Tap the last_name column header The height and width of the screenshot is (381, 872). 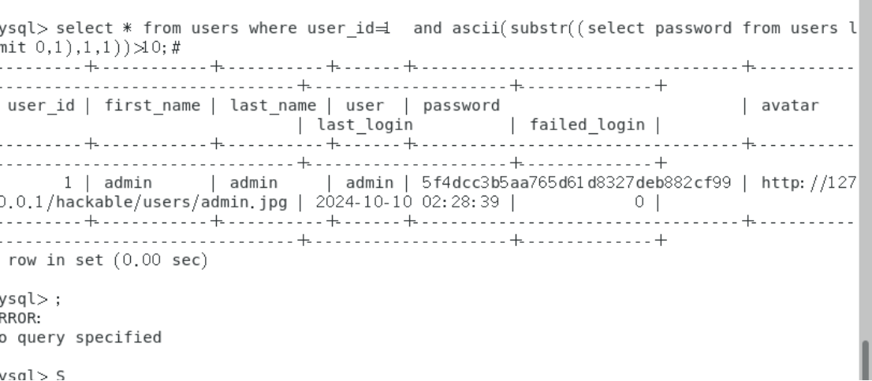[273, 105]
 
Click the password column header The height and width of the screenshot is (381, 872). [461, 105]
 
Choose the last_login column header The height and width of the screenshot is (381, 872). [365, 125]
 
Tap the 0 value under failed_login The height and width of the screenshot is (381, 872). [639, 202]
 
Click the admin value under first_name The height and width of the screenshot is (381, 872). [129, 182]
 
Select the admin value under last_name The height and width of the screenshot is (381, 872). [252, 182]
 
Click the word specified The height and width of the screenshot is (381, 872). [122, 338]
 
